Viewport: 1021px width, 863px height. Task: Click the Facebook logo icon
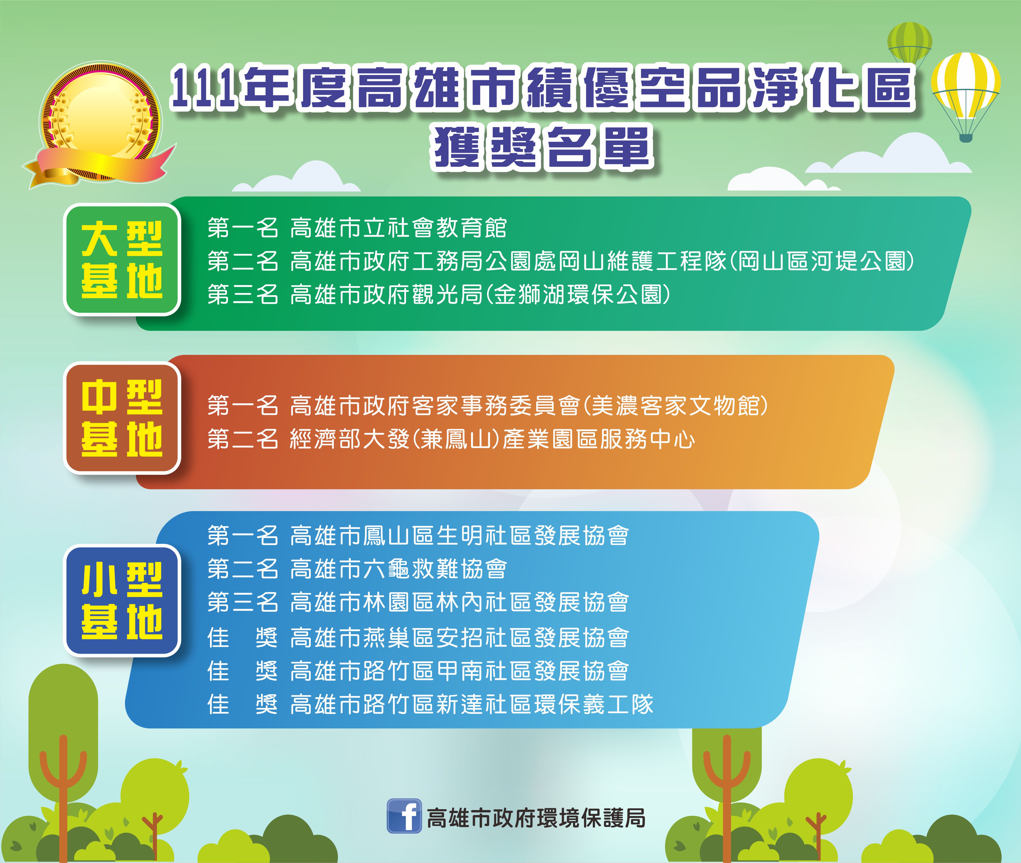coord(404,816)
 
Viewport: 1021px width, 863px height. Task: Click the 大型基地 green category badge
coord(123,259)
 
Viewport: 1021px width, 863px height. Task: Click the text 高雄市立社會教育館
coord(398,228)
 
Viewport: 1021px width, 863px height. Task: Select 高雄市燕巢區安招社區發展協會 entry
coord(459,637)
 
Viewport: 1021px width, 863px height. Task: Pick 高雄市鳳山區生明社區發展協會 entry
coord(459,536)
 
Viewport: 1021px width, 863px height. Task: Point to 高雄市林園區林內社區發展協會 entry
coord(459,602)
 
